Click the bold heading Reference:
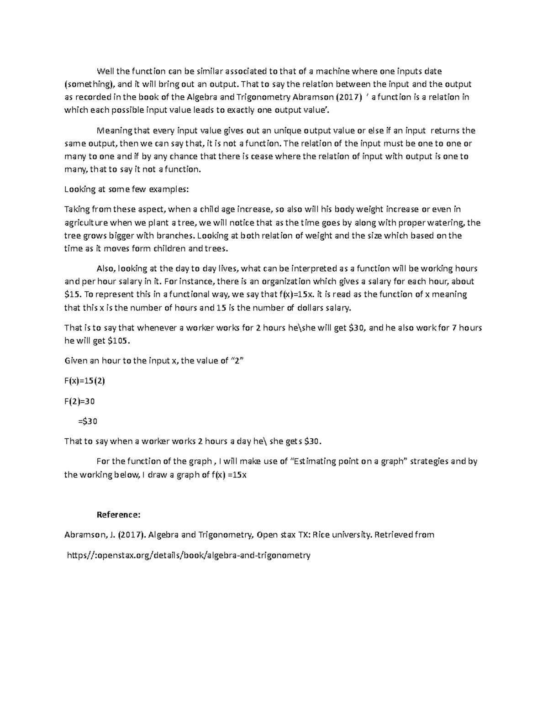(118, 515)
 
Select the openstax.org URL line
(189, 555)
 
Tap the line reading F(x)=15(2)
(84, 381)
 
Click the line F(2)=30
(79, 401)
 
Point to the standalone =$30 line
(88, 421)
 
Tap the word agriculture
(86, 223)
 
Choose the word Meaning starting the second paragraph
(114, 131)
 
